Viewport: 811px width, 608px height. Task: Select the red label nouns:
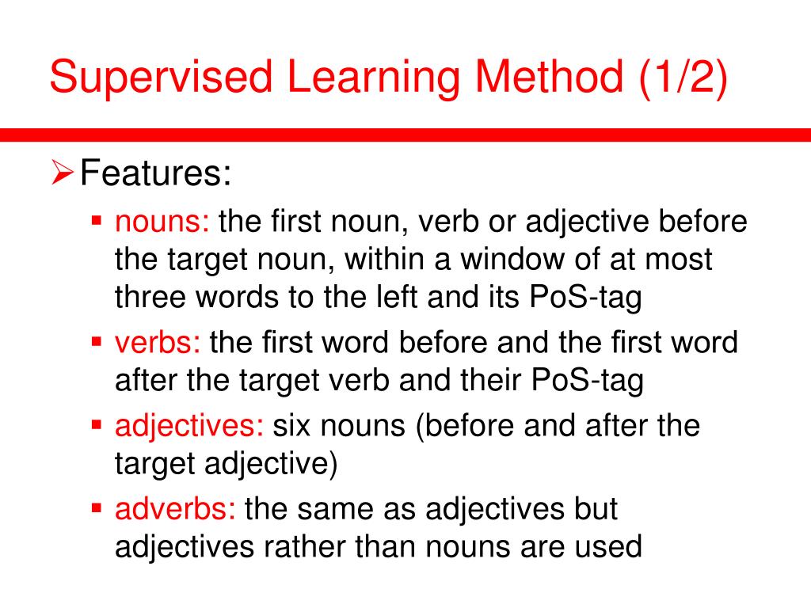162,222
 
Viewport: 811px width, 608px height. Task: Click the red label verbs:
158,344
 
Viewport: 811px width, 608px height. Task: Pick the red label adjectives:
189,427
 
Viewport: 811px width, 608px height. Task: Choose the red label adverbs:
175,509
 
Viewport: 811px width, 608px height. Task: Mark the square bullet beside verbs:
97,341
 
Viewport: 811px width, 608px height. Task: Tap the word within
370,260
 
